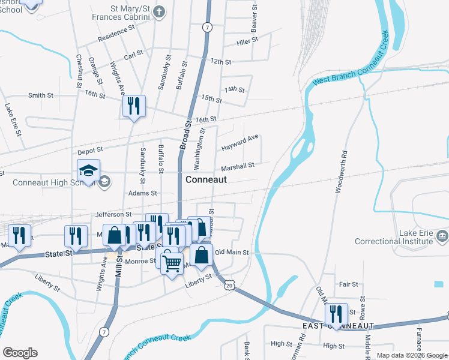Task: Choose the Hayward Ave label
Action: (240, 143)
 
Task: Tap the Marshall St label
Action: (238, 166)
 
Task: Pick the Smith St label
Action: (41, 95)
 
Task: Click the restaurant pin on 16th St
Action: (133, 106)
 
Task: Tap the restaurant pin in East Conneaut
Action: (336, 314)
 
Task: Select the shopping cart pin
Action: (172, 262)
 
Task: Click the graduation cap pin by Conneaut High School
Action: (88, 170)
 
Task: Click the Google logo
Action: (20, 353)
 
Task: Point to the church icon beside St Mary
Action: (158, 11)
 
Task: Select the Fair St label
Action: (348, 284)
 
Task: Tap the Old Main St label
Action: (232, 253)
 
